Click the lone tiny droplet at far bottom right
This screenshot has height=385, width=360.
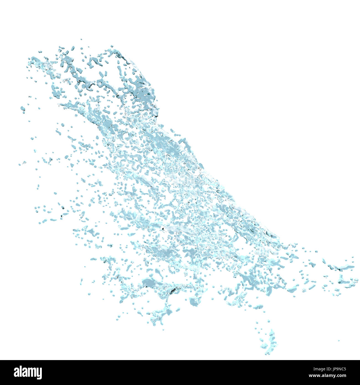click(338, 340)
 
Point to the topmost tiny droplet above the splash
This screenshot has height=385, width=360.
click(81, 39)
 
